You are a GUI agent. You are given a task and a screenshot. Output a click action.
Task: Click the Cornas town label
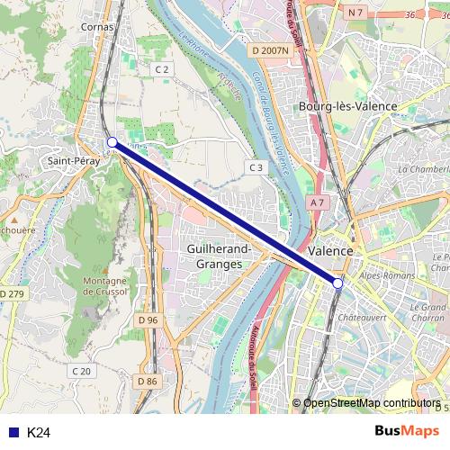(97, 27)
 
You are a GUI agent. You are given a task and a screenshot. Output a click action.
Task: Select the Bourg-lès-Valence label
(347, 106)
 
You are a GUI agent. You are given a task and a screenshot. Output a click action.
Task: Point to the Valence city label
(329, 250)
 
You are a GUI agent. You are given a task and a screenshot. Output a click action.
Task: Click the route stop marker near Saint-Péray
(112, 142)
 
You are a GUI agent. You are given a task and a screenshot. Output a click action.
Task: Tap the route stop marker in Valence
(338, 283)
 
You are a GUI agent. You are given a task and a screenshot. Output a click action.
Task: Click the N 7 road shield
(355, 13)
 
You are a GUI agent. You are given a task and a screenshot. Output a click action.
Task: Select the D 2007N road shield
(270, 51)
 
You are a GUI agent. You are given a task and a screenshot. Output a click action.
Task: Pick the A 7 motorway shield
(316, 204)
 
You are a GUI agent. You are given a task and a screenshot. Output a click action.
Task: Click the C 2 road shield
(162, 69)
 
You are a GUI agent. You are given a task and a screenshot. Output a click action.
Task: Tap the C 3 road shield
(256, 167)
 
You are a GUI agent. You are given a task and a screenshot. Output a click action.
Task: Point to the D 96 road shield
(148, 320)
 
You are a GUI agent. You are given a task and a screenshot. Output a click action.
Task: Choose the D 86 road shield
(148, 382)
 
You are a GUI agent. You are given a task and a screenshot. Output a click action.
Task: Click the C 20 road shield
(81, 371)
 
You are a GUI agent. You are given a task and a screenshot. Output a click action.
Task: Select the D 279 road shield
(13, 294)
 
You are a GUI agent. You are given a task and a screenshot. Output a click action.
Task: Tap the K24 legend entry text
(39, 433)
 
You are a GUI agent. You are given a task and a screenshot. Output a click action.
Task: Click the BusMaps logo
(407, 431)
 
